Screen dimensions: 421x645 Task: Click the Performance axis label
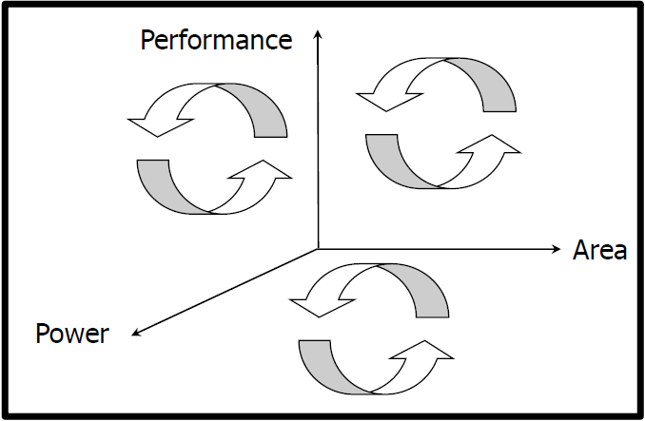216,40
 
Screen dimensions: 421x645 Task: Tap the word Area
599,251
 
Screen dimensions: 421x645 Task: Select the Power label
72,334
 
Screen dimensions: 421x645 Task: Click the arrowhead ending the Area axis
557,249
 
